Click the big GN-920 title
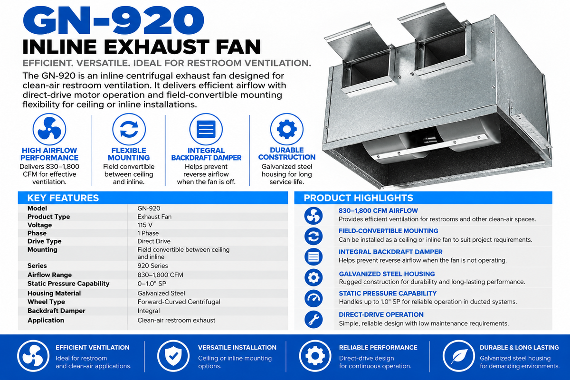[114, 20]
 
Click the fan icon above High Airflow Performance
[49, 129]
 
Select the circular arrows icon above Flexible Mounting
[129, 129]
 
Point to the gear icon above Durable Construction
[287, 129]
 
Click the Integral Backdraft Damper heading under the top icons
[206, 154]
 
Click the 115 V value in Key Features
[145, 225]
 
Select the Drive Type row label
[44, 241]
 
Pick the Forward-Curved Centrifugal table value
[179, 302]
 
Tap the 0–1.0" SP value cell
[152, 284]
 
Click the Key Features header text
[63, 198]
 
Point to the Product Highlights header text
[358, 198]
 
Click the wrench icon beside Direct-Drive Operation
[313, 320]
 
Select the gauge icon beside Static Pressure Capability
[313, 298]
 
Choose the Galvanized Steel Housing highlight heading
[387, 274]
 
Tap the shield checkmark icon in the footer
[173, 356]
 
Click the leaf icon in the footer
[458, 356]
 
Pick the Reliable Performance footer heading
[378, 348]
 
